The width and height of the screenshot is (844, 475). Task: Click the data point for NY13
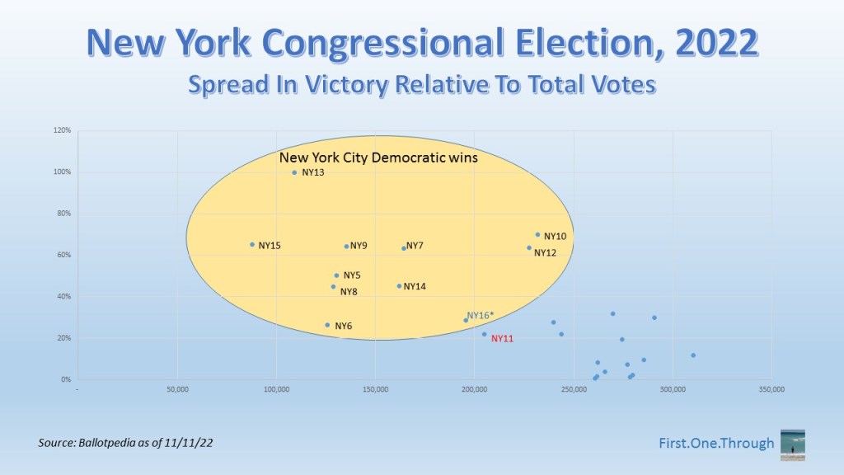(x=294, y=173)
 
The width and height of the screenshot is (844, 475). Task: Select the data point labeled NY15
(x=252, y=244)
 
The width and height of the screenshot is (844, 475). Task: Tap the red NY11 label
(x=502, y=339)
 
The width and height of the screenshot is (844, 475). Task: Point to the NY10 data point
(x=537, y=235)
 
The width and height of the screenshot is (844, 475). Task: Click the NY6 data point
(x=327, y=325)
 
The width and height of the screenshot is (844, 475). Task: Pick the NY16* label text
(x=481, y=316)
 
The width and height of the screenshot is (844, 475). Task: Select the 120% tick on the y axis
(x=63, y=130)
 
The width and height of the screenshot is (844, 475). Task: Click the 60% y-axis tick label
(x=64, y=255)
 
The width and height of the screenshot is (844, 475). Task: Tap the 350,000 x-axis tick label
(x=771, y=389)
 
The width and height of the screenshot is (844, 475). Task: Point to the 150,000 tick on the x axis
(x=375, y=389)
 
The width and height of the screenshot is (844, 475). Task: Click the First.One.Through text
(x=716, y=443)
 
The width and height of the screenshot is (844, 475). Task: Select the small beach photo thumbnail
(x=793, y=445)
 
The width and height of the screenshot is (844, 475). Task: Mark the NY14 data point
(x=400, y=286)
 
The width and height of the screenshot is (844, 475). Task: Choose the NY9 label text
(x=359, y=246)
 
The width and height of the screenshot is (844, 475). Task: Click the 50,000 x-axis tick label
(x=178, y=389)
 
